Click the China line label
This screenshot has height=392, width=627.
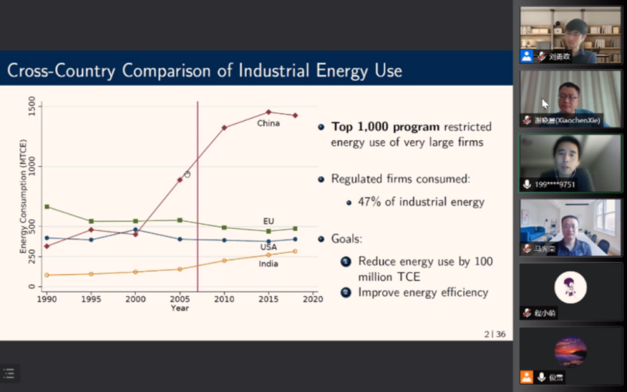point(268,123)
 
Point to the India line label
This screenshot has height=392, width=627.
point(268,264)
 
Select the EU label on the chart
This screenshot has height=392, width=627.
point(269,221)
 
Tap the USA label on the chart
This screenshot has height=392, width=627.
point(268,247)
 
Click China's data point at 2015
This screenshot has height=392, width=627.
point(268,112)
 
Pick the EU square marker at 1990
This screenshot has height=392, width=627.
point(47,206)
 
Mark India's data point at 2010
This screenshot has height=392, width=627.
point(224,261)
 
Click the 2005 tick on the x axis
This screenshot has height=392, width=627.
point(180,299)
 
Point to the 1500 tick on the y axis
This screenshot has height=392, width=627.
point(32,106)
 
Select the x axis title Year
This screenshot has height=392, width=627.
point(180,308)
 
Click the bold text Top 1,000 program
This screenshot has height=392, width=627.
point(386,127)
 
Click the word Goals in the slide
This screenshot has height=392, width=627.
point(346,239)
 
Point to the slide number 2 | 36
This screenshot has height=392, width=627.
point(495,333)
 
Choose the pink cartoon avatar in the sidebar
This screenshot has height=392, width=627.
point(570,287)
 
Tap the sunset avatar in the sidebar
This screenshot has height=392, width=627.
point(570,351)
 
